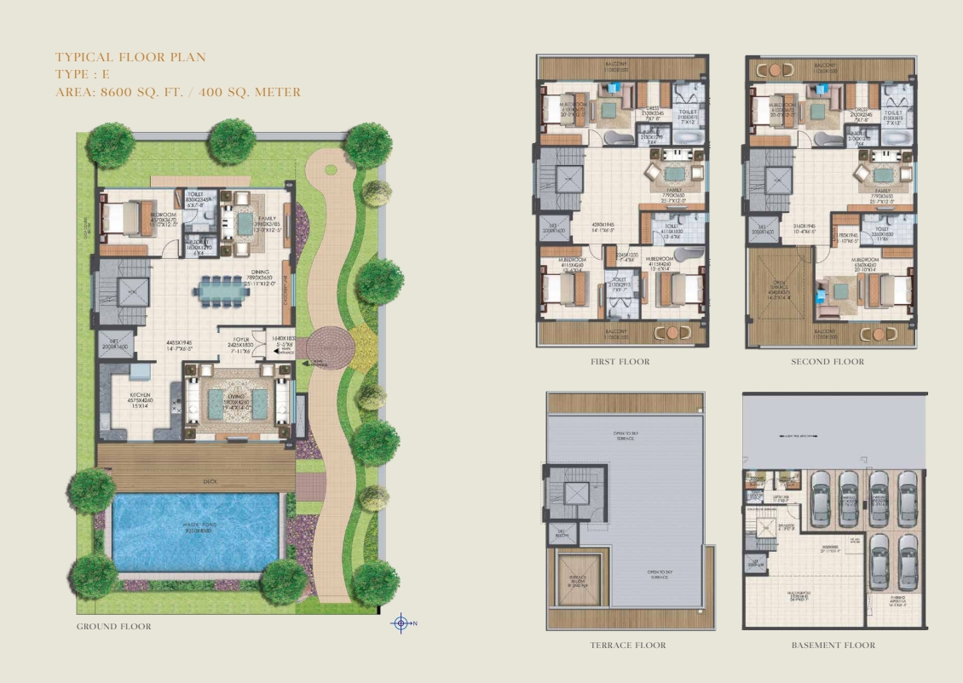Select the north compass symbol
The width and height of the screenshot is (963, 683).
click(x=401, y=624)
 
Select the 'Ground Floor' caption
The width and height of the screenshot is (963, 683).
click(x=114, y=627)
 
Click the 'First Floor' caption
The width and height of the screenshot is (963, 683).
click(x=620, y=362)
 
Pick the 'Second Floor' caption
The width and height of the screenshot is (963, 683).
click(x=827, y=362)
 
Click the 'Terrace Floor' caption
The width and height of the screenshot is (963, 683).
click(x=628, y=646)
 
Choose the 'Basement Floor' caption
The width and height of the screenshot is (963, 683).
click(x=833, y=646)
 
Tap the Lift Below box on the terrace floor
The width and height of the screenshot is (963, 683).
click(x=563, y=534)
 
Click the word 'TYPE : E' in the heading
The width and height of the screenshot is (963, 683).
click(x=83, y=75)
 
